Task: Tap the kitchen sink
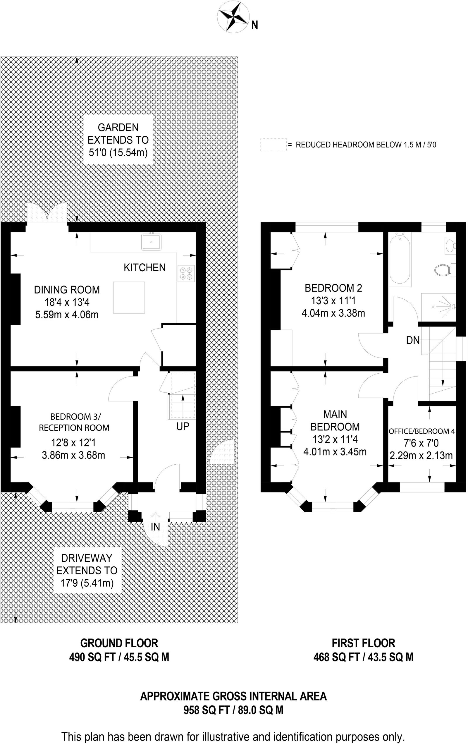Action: click(151, 242)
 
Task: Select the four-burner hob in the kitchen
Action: click(186, 273)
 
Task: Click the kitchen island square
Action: click(129, 298)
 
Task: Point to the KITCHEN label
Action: click(144, 267)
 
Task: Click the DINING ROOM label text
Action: click(67, 290)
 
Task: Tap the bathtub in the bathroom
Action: click(400, 258)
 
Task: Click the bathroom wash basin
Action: click(450, 245)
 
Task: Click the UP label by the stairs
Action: click(183, 426)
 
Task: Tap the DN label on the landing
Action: click(413, 341)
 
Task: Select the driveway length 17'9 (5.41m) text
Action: click(87, 583)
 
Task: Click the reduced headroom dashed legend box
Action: click(273, 145)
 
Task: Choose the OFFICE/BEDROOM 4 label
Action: click(421, 431)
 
